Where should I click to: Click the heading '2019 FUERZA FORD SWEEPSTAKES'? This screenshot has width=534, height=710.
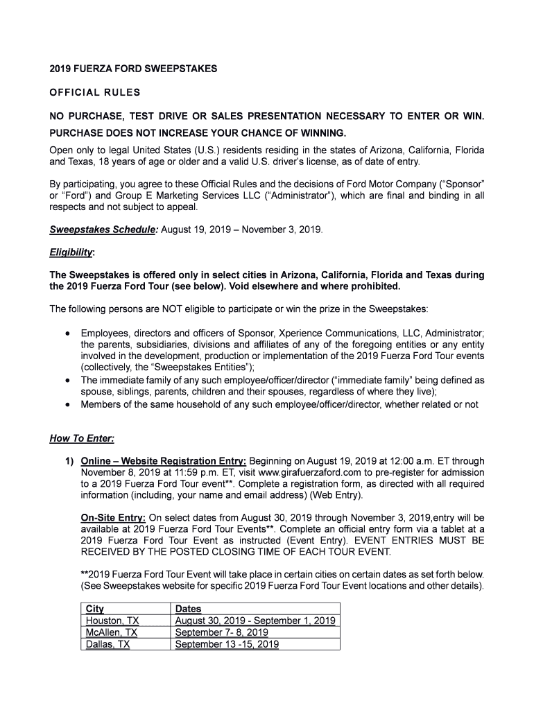pos(133,69)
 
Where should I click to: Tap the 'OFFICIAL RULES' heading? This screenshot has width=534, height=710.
pos(94,92)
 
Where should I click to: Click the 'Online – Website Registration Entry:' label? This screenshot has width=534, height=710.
pos(164,462)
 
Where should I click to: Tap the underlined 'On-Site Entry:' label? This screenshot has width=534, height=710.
pos(114,517)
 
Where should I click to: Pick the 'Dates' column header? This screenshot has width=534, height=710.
pos(189,609)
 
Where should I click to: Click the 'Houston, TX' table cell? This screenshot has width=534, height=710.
pos(112,621)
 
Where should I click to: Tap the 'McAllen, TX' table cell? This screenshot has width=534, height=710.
pos(112,632)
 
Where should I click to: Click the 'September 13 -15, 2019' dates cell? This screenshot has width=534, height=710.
pos(227,644)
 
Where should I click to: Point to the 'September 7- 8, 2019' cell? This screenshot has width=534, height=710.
pos(221,632)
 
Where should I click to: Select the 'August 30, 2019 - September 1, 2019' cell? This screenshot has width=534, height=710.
pos(255,621)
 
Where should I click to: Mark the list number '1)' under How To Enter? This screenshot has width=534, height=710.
pos(69,462)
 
